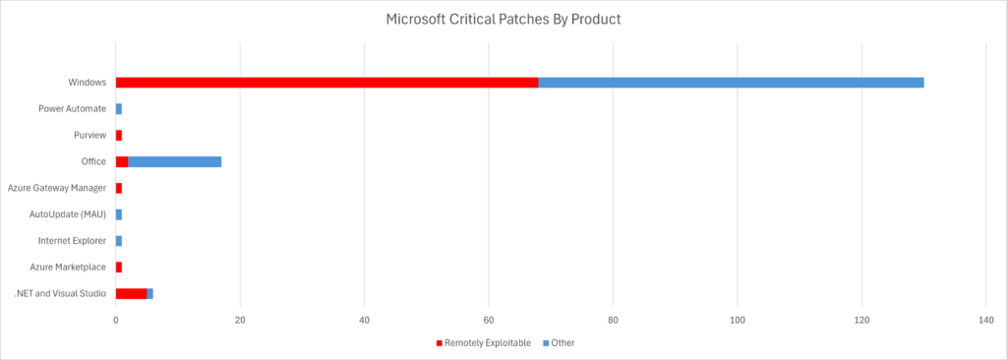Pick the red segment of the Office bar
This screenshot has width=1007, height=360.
(122, 161)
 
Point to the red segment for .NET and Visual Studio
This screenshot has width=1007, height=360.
(131, 293)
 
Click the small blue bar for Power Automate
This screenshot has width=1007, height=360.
(119, 108)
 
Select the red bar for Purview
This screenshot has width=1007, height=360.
(119, 135)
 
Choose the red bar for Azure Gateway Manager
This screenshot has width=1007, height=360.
(119, 188)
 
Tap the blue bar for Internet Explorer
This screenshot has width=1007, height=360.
(119, 240)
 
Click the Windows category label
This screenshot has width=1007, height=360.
(87, 82)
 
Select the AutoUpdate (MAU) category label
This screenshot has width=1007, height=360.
(71, 214)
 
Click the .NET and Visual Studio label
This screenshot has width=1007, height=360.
(60, 293)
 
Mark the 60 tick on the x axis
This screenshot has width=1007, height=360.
(489, 319)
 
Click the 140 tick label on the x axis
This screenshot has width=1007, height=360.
(986, 319)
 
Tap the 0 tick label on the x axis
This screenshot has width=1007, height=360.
(116, 319)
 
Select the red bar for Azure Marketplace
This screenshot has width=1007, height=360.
(119, 267)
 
